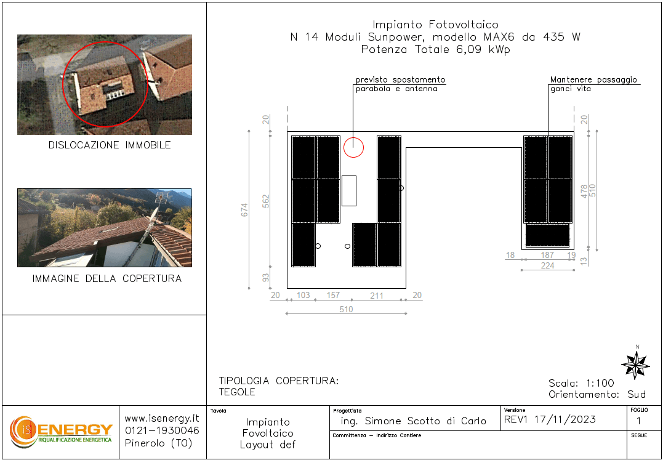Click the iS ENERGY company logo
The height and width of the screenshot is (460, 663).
coord(61,432)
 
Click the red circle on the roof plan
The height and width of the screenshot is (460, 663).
coord(353,148)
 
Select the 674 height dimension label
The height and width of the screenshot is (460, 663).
coord(244,210)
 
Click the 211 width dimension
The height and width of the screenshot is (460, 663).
coord(376,296)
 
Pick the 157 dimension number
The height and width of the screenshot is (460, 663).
coord(333,295)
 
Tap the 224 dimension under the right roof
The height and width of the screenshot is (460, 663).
coord(547,265)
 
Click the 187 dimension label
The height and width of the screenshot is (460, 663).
coord(547,255)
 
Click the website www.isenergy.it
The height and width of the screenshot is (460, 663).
coord(162,419)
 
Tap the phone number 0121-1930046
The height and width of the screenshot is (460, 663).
coord(162,431)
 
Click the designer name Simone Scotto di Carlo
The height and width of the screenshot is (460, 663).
coord(425,421)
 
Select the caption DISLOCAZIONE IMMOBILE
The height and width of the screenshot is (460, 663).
coord(110,145)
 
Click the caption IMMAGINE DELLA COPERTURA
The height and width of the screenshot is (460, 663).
coord(107,278)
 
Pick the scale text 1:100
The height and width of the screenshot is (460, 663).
coord(600,384)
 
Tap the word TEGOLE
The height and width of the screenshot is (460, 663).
coord(237,392)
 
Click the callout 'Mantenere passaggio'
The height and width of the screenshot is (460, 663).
coord(593,80)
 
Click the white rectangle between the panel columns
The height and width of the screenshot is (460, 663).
coord(349,191)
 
